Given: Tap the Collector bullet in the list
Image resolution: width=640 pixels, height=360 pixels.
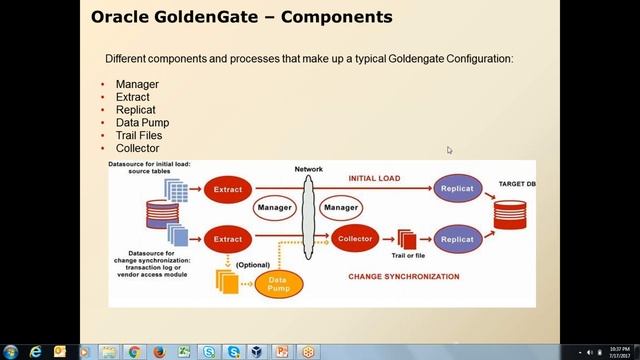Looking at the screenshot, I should (137, 148).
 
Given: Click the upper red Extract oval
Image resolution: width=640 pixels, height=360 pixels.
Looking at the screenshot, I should (228, 188).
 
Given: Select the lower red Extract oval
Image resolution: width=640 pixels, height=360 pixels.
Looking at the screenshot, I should (228, 240).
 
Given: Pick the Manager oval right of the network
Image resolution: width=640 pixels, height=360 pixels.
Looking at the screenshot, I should (341, 208).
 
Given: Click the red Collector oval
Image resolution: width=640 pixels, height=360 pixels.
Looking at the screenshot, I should (354, 240).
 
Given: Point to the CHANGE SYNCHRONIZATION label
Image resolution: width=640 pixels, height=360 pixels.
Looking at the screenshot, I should (403, 276).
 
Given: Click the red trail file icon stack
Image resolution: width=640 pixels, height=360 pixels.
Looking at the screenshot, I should (406, 240).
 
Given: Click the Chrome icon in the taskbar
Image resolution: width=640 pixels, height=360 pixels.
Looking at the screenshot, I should (134, 352).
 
